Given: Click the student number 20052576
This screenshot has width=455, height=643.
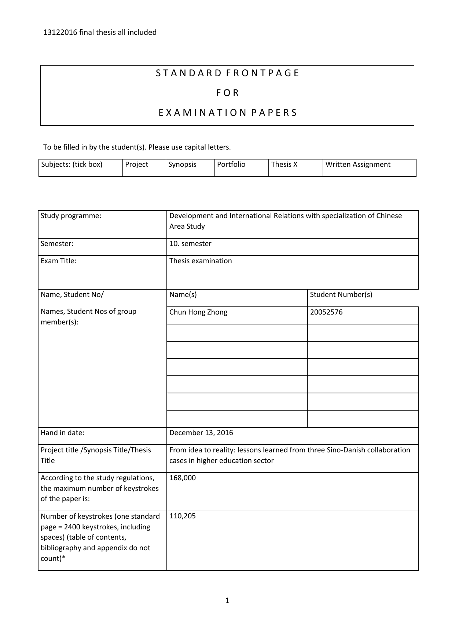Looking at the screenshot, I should [326, 312].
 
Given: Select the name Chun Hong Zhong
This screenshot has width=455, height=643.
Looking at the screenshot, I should [198, 312].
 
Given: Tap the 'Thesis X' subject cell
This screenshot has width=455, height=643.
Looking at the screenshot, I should [284, 165].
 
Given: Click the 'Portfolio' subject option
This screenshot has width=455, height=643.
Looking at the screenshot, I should [231, 165].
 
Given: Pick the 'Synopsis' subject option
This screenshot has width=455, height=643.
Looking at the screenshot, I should [182, 165].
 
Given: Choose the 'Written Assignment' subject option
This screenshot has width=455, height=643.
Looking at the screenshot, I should [358, 165].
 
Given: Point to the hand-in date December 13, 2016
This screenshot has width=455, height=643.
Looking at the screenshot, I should [201, 433].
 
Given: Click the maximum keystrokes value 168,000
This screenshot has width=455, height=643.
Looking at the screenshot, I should [183, 478].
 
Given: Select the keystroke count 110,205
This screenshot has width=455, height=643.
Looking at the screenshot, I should [183, 516].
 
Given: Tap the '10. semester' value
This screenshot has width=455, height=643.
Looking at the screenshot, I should [190, 244].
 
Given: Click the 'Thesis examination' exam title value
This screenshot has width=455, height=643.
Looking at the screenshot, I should [201, 261].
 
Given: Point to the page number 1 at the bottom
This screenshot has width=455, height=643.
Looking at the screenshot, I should [227, 600].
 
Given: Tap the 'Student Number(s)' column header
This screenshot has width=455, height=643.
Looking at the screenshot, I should [341, 295].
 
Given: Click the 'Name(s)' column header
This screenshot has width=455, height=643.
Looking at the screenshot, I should [183, 295].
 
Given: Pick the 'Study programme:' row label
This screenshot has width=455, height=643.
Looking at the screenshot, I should [71, 216].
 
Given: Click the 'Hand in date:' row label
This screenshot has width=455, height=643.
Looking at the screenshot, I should [62, 433].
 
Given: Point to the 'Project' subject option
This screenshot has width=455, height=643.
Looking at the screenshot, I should [136, 165].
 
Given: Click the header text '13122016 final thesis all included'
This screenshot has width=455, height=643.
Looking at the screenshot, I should [100, 33].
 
